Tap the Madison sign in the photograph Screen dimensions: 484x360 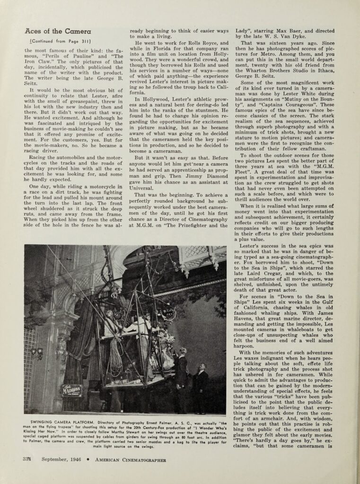(x=71, y=390)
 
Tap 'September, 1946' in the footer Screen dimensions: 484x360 (x=61, y=459)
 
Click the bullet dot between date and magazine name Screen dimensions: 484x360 (x=88, y=459)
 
